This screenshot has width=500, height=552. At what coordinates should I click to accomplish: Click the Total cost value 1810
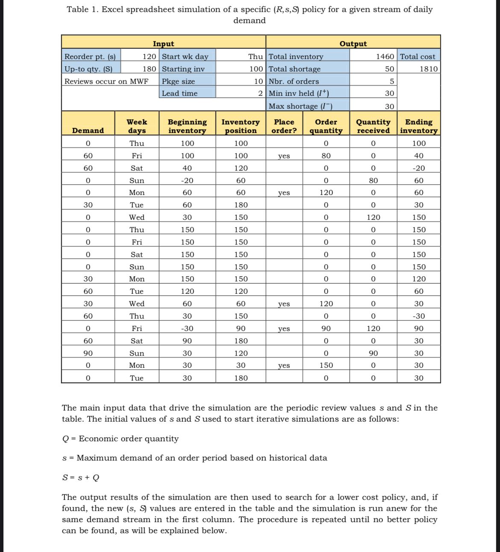pyautogui.click(x=429, y=69)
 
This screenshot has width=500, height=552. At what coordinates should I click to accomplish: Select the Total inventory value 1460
pyautogui.click(x=385, y=56)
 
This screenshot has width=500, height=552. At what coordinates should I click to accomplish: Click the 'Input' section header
pyautogui.click(x=163, y=44)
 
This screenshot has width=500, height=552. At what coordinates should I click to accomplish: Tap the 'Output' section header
pyautogui.click(x=353, y=44)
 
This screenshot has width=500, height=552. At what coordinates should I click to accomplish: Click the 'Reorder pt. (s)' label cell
pyautogui.click(x=90, y=56)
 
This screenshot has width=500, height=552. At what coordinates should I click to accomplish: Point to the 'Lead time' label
pyautogui.click(x=179, y=93)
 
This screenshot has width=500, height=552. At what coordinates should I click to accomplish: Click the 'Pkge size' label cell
pyautogui.click(x=178, y=81)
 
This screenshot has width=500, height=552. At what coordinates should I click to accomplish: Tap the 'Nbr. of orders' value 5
pyautogui.click(x=391, y=81)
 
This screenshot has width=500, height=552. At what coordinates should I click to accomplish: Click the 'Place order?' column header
pyautogui.click(x=284, y=126)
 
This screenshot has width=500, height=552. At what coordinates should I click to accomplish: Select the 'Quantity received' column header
pyautogui.click(x=373, y=126)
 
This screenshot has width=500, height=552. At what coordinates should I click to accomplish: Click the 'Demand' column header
pyautogui.click(x=88, y=130)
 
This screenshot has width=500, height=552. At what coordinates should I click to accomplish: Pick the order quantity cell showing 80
pyautogui.click(x=326, y=156)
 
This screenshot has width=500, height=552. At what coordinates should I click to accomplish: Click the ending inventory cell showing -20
pyautogui.click(x=419, y=168)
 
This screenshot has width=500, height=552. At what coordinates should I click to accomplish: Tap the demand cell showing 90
pyautogui.click(x=88, y=353)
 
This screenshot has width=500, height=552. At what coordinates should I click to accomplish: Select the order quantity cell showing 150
pyautogui.click(x=326, y=365)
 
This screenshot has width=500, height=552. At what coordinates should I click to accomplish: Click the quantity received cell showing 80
pyautogui.click(x=373, y=180)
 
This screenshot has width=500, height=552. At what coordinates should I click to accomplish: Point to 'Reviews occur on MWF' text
pyautogui.click(x=106, y=81)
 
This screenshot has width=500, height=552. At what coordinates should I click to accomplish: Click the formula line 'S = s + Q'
pyautogui.click(x=81, y=478)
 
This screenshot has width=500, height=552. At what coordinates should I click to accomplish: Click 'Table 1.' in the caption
pyautogui.click(x=83, y=9)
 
